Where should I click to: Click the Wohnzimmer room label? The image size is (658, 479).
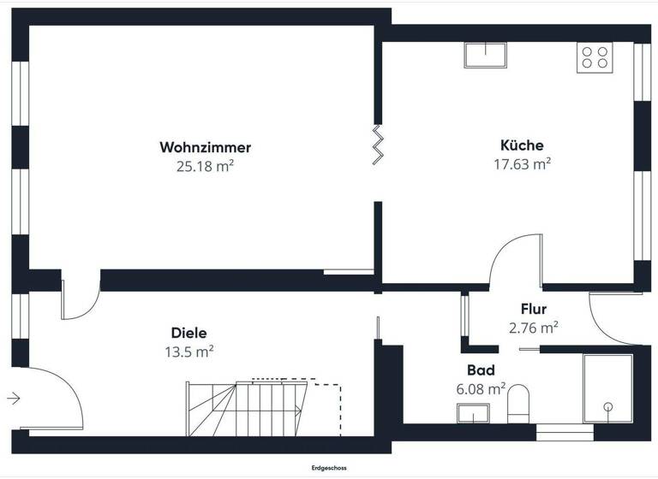(x=205, y=147)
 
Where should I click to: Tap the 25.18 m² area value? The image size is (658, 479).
(x=205, y=167)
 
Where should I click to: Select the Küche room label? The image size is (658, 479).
(x=522, y=145)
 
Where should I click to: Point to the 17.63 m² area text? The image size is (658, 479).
(x=522, y=164)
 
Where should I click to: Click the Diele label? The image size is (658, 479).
(x=189, y=333)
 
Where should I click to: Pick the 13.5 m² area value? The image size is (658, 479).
(x=189, y=351)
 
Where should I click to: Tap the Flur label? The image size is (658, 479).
(x=533, y=309)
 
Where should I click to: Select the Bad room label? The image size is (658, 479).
(x=480, y=370)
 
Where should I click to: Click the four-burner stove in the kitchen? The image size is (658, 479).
(x=595, y=57)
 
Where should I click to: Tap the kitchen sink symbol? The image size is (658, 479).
(x=486, y=55)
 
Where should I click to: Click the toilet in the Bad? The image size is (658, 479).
(x=519, y=403)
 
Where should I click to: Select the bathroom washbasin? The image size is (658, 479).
(x=472, y=414)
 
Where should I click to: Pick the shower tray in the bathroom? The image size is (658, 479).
(x=607, y=388)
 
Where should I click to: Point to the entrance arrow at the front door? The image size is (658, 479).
(x=14, y=397)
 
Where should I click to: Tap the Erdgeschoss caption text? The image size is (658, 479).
(x=329, y=468)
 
